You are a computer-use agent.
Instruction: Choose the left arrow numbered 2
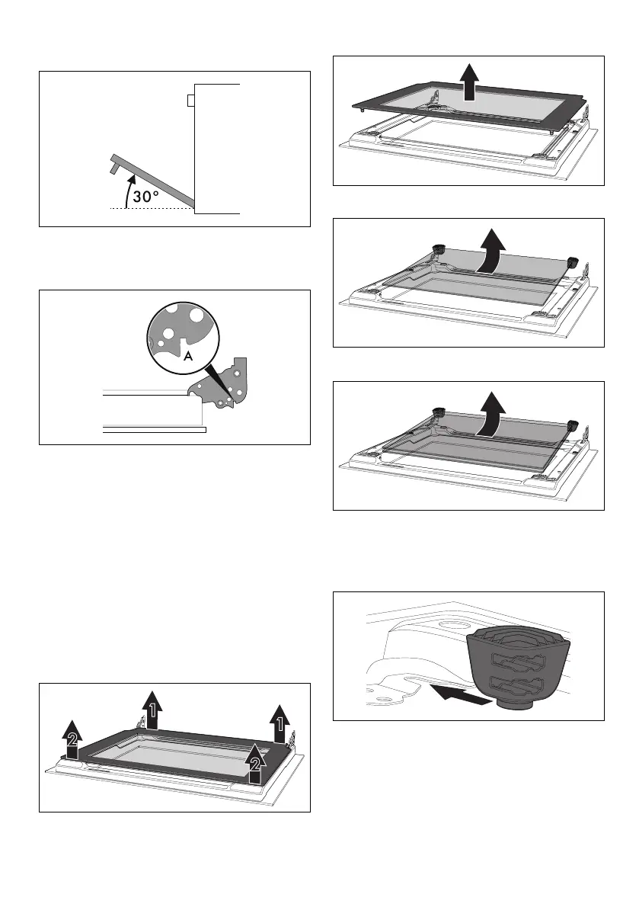click(x=72, y=738)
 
